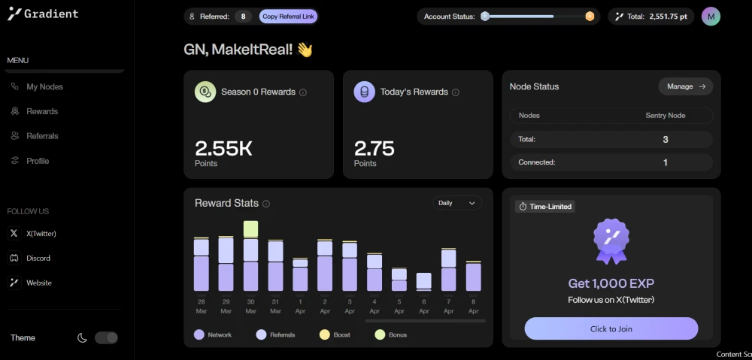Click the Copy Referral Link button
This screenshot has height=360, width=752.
[288, 17]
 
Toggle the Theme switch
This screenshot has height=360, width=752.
[106, 338]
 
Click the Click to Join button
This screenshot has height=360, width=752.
[611, 329]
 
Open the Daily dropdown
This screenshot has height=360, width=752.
[457, 203]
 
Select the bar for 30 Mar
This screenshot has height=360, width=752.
[251, 256]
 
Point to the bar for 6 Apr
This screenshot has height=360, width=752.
[423, 282]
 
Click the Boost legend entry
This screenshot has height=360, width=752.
[335, 334]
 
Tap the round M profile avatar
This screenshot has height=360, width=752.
[711, 17]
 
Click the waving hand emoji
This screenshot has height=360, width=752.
[305, 50]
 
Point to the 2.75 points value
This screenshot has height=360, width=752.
[374, 149]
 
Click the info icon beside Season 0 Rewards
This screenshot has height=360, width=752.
[303, 92]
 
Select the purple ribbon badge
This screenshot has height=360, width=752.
[611, 241]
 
